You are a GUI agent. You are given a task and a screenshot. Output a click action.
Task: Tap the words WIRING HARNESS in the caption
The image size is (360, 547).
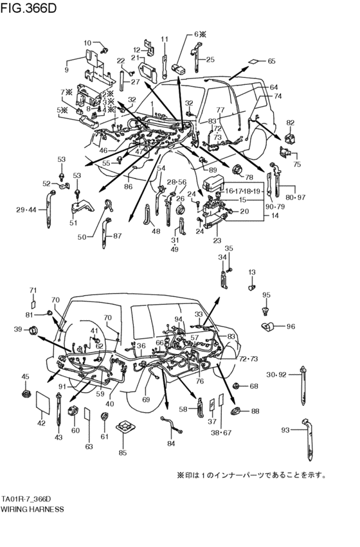[x=32, y=508]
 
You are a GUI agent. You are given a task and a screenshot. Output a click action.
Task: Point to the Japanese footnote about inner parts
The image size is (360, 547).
[x=251, y=476]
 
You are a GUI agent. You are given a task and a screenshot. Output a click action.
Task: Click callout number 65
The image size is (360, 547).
[x=271, y=61]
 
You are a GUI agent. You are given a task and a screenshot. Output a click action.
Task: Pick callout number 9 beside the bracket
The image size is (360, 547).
[x=66, y=69]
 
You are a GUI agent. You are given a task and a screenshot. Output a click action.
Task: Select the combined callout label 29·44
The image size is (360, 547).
[x=26, y=210]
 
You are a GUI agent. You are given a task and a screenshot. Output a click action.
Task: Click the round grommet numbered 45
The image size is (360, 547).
[x=26, y=391]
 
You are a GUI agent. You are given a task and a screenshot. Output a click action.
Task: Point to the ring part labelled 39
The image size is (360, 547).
[x=33, y=330]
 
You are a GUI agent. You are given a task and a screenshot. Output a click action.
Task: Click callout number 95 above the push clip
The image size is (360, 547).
[x=267, y=295]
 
